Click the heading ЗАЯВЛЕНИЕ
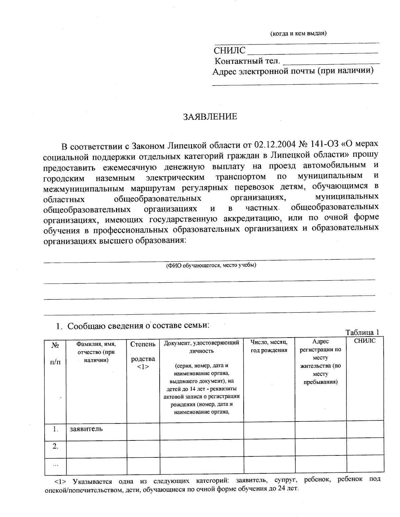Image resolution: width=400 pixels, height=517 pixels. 210,117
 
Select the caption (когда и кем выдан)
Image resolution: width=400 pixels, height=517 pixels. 298,33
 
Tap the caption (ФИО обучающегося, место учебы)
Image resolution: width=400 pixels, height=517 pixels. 211,265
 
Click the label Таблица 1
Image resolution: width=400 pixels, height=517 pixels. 362,332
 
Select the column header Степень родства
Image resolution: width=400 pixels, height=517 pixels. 143,355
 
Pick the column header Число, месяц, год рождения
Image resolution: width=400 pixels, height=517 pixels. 269,346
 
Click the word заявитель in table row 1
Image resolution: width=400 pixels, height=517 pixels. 86,429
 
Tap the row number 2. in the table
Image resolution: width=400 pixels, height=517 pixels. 55,446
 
